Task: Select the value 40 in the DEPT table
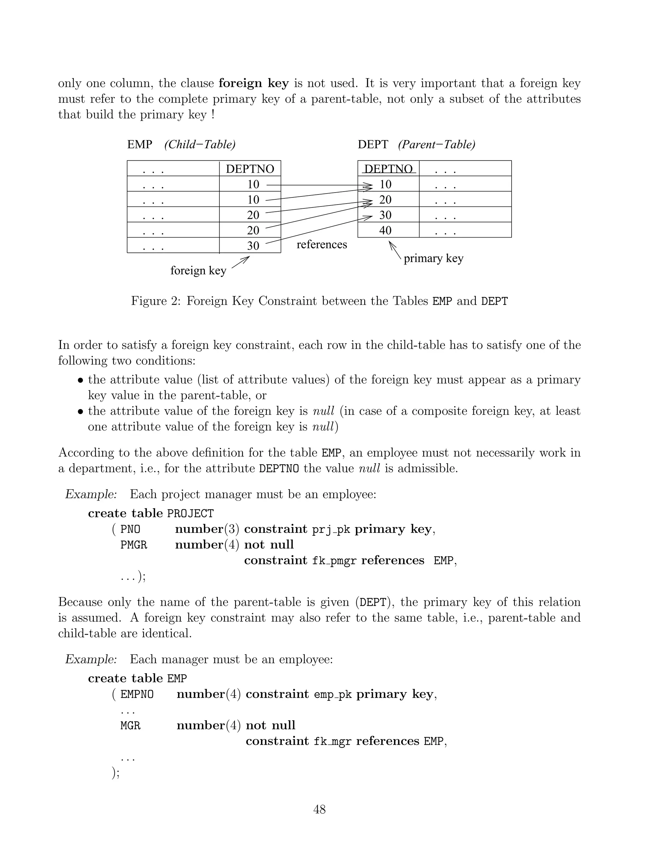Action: [x=385, y=230]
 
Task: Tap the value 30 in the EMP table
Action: [x=253, y=245]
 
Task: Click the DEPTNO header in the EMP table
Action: [x=250, y=169]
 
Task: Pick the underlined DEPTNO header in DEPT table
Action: [x=388, y=169]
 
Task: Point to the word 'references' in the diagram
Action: [x=321, y=244]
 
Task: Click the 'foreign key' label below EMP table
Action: [x=198, y=270]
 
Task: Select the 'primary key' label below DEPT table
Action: [x=433, y=258]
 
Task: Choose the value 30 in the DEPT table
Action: [x=385, y=215]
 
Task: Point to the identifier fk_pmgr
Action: [x=334, y=561]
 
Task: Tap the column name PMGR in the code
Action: [x=134, y=545]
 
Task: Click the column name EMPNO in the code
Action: [x=137, y=695]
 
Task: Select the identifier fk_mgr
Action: [x=332, y=742]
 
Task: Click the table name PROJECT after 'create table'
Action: [x=190, y=514]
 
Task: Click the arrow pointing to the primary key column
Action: [x=395, y=250]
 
